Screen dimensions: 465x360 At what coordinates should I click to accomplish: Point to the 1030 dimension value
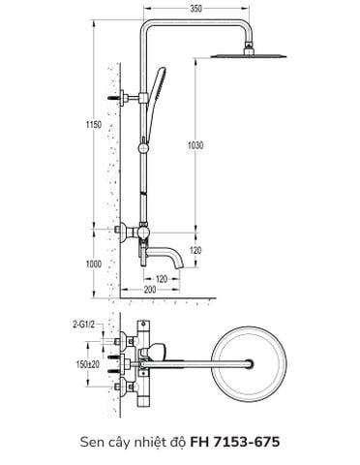point(197,145)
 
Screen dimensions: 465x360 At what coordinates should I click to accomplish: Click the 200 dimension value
point(150,290)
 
